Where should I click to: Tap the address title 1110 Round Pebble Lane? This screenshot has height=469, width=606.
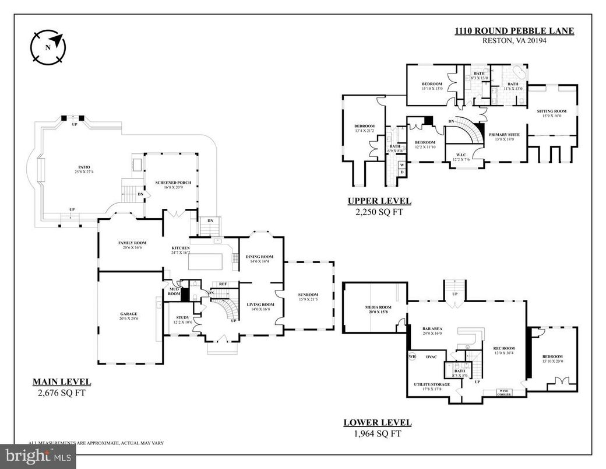(x=515, y=31)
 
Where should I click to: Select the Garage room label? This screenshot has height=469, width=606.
(x=129, y=314)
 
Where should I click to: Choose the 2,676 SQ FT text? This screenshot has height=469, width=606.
(x=62, y=393)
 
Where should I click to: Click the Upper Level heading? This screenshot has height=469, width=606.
(x=379, y=201)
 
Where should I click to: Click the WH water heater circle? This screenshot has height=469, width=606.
(x=413, y=356)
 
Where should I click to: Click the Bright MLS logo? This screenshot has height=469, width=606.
(x=38, y=456)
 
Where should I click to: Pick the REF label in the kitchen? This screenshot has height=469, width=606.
(x=223, y=284)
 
